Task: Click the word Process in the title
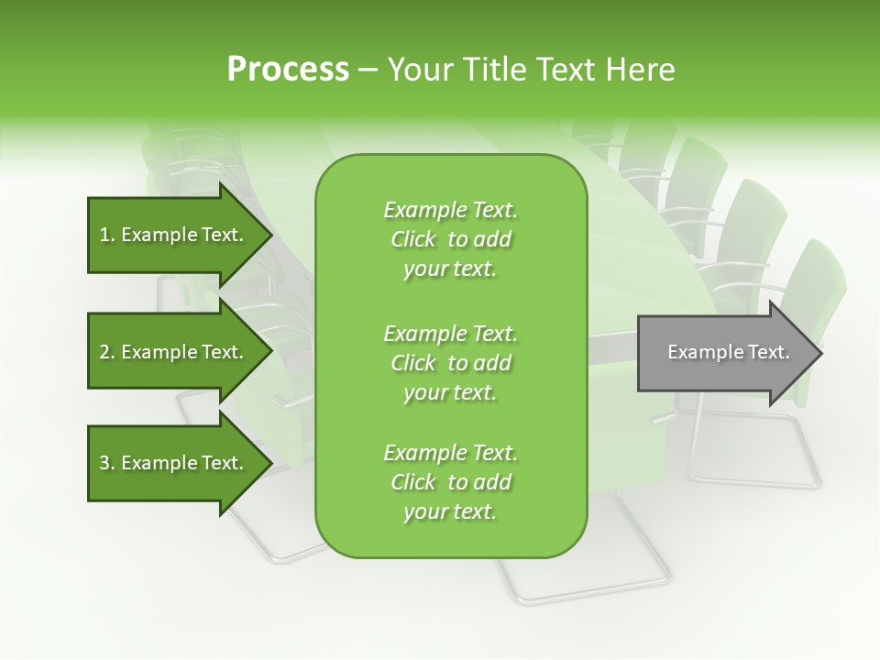tap(288, 70)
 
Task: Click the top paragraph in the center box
tap(450, 239)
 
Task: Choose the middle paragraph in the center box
tap(450, 363)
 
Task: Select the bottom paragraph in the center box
tap(450, 482)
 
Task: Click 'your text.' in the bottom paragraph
tap(450, 512)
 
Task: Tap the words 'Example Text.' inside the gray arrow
tap(728, 352)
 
